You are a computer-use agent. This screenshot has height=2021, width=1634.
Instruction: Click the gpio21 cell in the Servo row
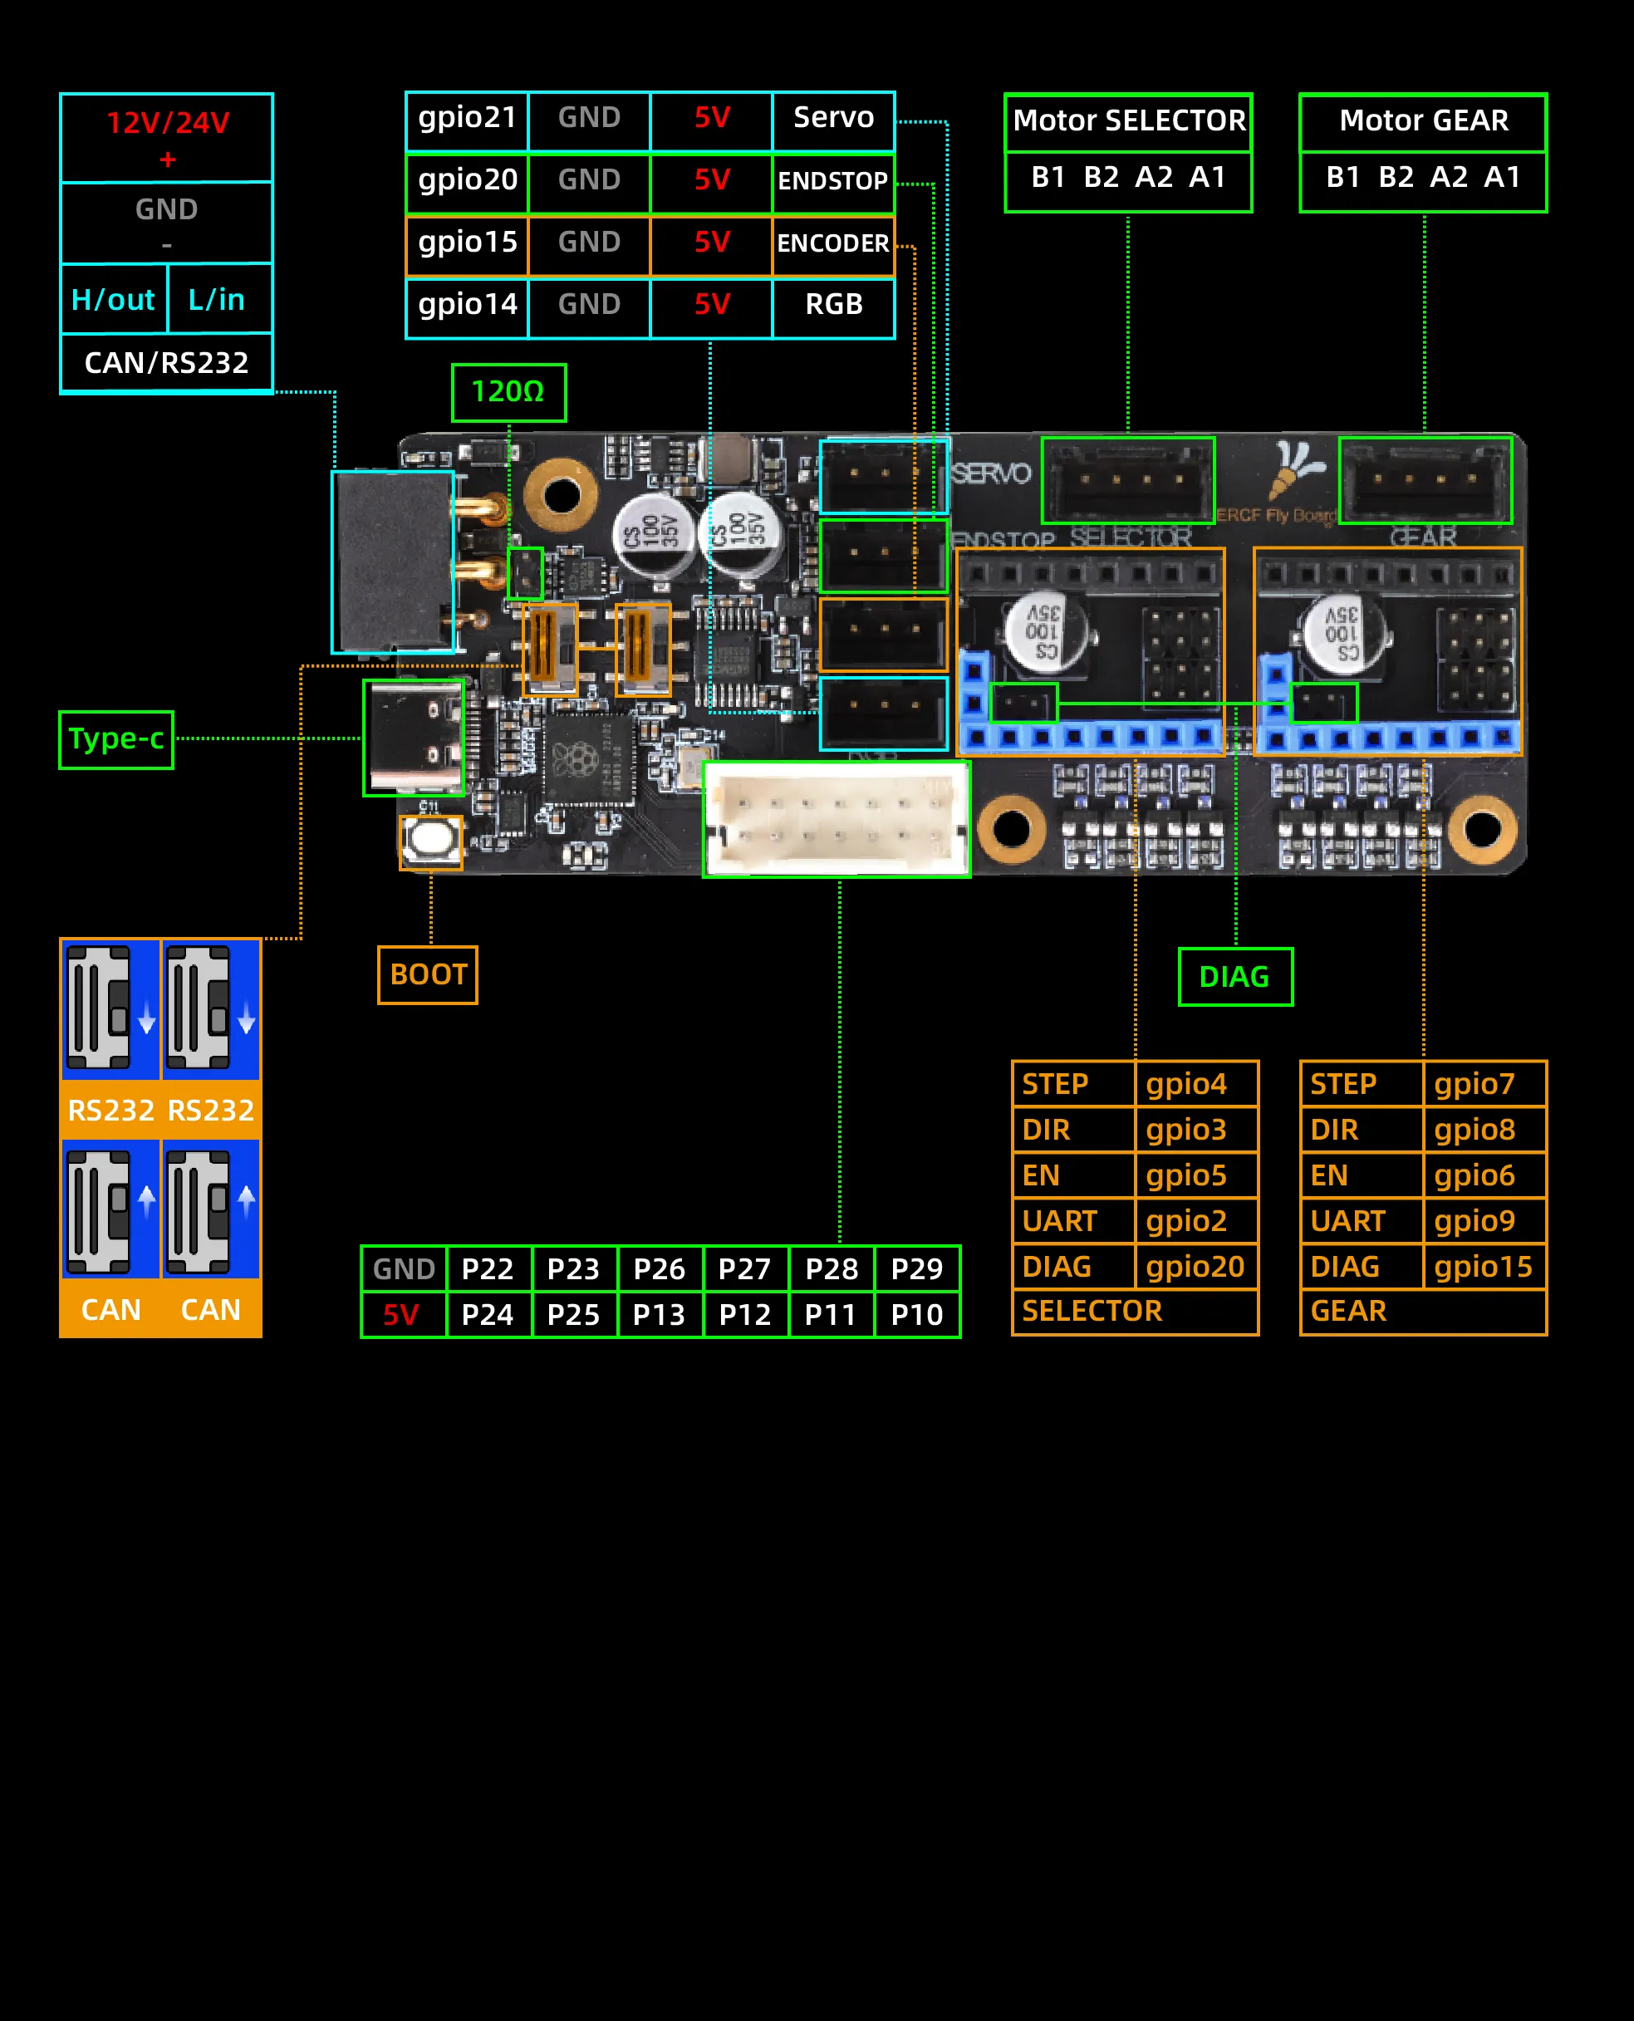(467, 119)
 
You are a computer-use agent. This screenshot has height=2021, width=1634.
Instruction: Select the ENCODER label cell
(832, 244)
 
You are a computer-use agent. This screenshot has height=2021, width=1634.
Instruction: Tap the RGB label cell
(833, 305)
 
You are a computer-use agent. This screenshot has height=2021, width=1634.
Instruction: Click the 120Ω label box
(508, 391)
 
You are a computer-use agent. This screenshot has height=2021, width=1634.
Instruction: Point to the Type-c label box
(115, 739)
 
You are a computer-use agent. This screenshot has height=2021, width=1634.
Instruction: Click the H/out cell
(113, 299)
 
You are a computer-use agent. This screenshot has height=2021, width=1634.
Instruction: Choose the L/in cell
(218, 299)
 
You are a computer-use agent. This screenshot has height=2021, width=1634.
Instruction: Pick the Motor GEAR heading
(1422, 121)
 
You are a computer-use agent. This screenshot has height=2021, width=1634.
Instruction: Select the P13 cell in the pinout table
(659, 1314)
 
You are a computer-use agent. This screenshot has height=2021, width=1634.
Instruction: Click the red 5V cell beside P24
(402, 1314)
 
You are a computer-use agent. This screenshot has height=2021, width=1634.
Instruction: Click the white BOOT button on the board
(431, 841)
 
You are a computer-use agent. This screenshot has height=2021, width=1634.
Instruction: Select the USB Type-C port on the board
(415, 737)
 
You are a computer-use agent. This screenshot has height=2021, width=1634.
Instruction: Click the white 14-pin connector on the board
(836, 818)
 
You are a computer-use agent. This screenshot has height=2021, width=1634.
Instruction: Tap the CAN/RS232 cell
(167, 362)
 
